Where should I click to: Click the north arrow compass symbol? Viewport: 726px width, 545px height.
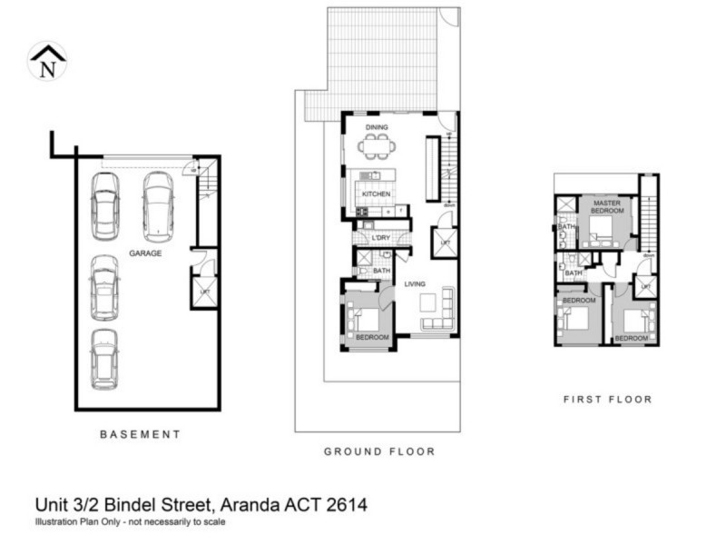[x=47, y=61]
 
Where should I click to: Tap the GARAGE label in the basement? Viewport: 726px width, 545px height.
[x=145, y=253]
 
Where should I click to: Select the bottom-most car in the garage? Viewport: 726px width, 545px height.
[x=104, y=359]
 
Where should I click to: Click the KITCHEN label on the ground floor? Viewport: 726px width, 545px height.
[x=376, y=194]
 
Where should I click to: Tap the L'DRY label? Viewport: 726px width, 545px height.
[x=382, y=239]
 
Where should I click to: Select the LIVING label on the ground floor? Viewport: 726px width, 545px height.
[x=415, y=284]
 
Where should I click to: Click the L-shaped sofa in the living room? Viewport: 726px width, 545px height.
[x=438, y=312]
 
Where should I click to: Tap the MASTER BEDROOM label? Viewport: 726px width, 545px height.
[x=607, y=205]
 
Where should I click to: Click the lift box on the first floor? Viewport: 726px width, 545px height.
[x=645, y=287]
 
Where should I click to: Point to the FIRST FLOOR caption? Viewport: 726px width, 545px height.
[x=607, y=399]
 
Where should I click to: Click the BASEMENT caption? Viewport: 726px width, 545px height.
[x=140, y=434]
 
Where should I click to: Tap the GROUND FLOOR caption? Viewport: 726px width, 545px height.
[x=379, y=451]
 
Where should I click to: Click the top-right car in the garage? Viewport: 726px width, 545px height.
[x=158, y=205]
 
